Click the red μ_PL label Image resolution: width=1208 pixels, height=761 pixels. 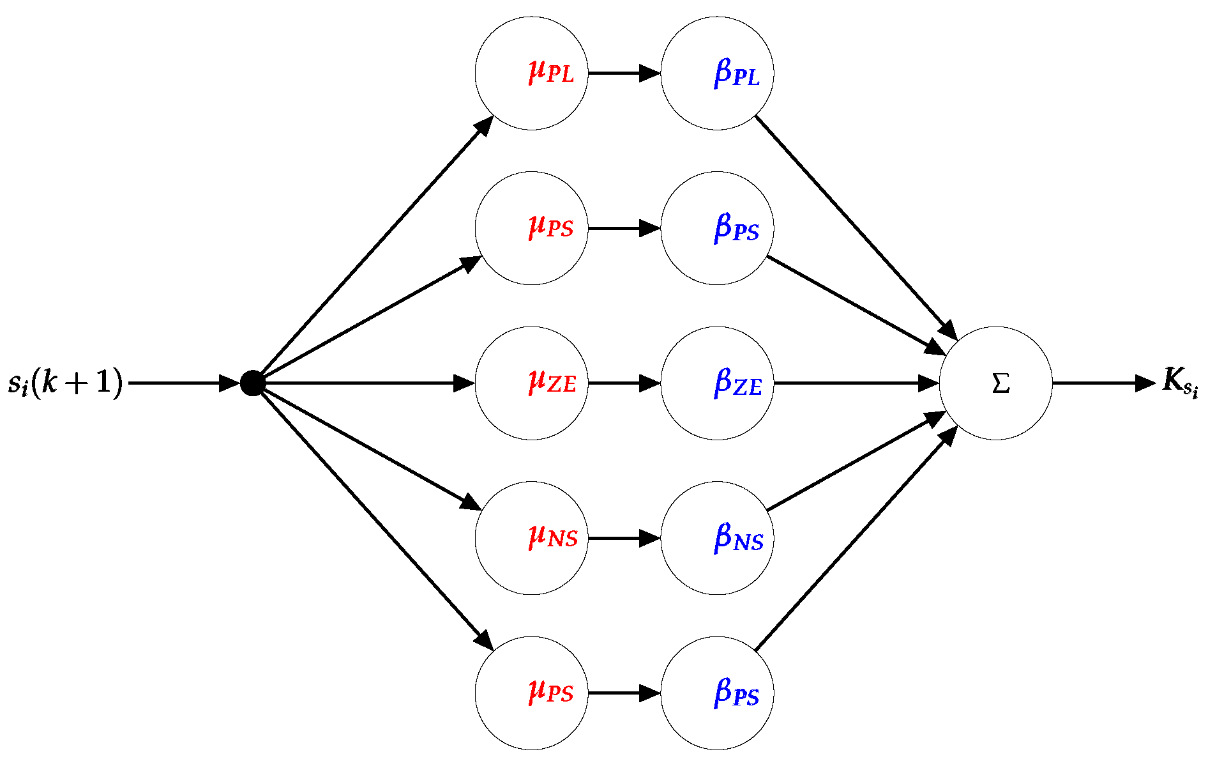click(552, 72)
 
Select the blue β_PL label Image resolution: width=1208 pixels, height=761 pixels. click(737, 73)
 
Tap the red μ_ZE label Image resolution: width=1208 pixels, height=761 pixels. click(552, 382)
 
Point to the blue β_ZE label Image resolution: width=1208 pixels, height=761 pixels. click(737, 383)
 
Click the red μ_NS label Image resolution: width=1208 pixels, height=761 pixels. click(553, 537)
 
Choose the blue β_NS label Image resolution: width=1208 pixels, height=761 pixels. click(738, 537)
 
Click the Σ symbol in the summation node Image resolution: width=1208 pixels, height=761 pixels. click(1000, 383)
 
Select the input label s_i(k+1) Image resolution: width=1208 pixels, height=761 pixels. click(65, 383)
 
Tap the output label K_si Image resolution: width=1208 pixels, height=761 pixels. click(1180, 381)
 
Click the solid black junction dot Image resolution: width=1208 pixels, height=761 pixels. click(253, 383)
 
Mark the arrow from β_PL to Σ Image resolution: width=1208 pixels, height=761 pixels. click(856, 227)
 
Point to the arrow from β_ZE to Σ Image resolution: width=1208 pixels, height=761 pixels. click(856, 383)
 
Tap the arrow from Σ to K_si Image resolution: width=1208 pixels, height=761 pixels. click(1103, 383)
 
